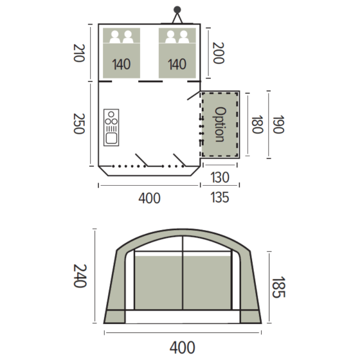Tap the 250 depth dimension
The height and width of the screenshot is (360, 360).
click(x=79, y=123)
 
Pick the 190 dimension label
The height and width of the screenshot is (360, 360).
click(x=278, y=123)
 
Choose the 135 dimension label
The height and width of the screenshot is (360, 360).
click(x=220, y=197)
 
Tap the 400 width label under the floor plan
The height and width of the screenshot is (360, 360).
click(x=149, y=198)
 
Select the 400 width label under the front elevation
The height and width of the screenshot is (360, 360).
click(x=183, y=347)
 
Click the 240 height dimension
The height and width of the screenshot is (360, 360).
click(x=79, y=274)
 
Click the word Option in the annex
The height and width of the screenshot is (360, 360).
click(x=220, y=123)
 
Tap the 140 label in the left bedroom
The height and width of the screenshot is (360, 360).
click(x=121, y=64)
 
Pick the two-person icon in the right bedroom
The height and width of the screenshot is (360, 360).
click(x=176, y=37)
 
